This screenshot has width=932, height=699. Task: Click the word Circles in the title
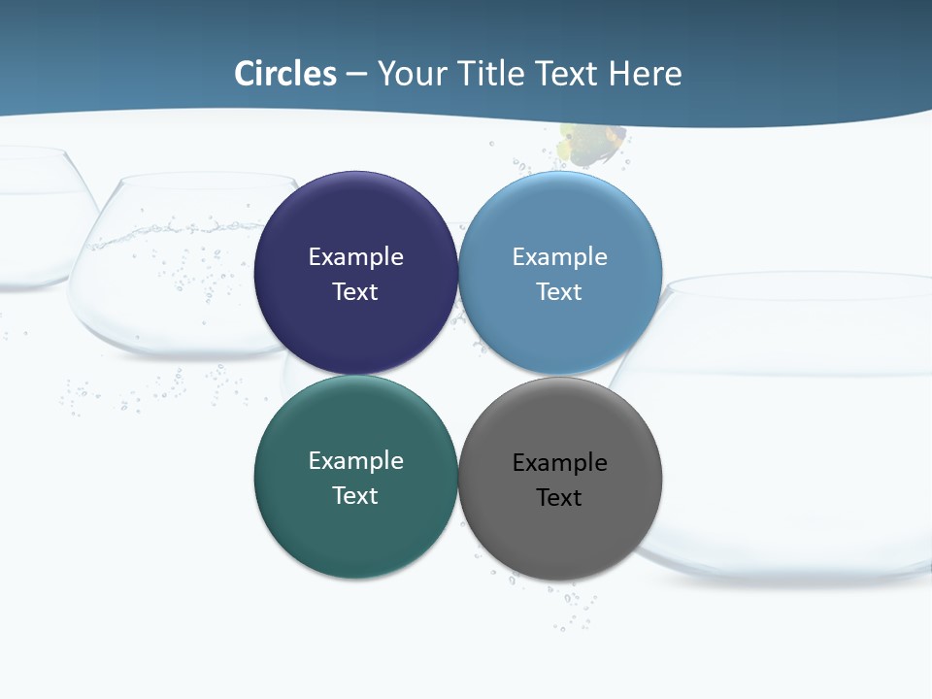(x=285, y=74)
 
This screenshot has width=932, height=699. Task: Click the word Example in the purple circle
(x=355, y=257)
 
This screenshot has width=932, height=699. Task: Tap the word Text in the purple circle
(x=355, y=292)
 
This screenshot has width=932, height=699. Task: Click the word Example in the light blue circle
(x=560, y=257)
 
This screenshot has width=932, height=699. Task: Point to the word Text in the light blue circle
(x=560, y=292)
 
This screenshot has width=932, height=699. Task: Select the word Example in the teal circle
(x=355, y=461)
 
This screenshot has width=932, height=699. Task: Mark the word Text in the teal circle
(x=355, y=496)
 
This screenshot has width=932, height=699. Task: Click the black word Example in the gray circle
(x=560, y=463)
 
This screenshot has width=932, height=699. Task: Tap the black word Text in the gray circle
(x=560, y=498)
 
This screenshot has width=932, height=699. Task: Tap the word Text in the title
(x=568, y=74)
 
